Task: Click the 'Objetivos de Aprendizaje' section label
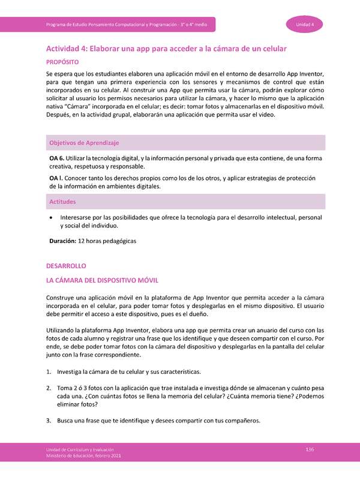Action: coord(84,143)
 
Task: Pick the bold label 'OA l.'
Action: coord(56,178)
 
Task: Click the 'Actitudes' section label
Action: coord(62,202)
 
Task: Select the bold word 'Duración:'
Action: coord(62,241)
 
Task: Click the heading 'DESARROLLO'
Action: coord(67,265)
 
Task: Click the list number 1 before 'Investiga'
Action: coord(49,371)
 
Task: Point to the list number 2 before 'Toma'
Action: coord(49,388)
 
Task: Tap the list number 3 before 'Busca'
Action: coord(49,420)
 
